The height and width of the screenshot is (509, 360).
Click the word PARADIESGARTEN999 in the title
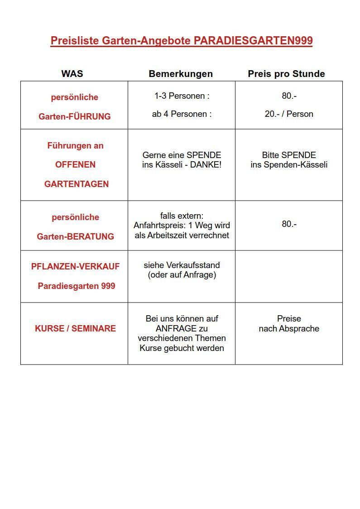[x=253, y=41]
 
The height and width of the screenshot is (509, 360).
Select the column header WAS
[x=72, y=74]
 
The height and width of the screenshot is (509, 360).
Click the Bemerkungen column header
[x=181, y=74]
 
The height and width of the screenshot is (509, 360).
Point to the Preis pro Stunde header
[x=286, y=74]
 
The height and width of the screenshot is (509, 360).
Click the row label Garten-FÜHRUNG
[x=75, y=116]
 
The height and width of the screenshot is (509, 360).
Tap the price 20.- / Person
[x=289, y=114]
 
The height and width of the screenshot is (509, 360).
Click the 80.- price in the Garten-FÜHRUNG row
[x=289, y=96]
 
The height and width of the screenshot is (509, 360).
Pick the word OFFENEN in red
[x=75, y=165]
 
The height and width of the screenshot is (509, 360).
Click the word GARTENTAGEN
[x=77, y=184]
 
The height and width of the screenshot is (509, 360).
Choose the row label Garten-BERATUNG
[x=75, y=236]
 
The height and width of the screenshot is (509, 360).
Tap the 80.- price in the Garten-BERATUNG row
[x=289, y=224]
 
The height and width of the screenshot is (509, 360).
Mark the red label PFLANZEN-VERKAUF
[x=75, y=267]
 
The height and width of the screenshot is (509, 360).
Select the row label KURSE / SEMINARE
[x=75, y=329]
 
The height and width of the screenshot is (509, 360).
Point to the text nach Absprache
[x=289, y=329]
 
